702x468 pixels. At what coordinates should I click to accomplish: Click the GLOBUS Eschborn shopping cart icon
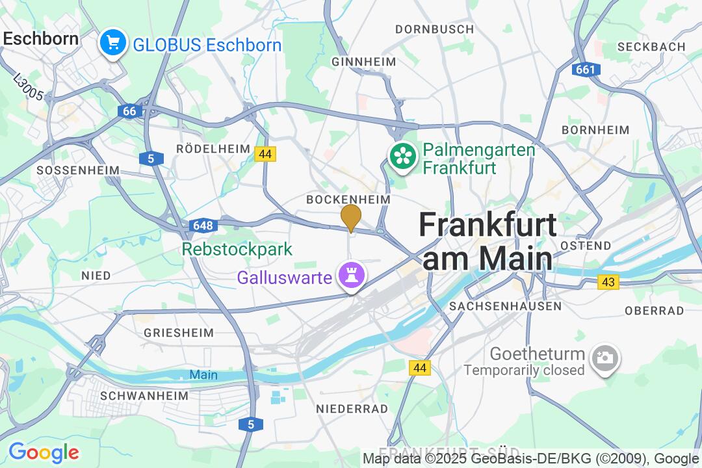[113, 44]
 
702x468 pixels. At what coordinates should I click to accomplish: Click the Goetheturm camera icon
[605, 358]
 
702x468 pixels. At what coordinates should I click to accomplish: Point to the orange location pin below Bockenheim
[351, 217]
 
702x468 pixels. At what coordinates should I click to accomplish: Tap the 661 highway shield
[586, 70]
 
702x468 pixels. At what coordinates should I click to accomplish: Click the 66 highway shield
[130, 111]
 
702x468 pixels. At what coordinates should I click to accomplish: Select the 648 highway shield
[203, 226]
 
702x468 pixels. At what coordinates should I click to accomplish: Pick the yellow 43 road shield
[608, 282]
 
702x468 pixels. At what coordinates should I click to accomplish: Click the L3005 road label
[28, 86]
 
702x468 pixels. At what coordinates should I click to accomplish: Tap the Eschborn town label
[40, 38]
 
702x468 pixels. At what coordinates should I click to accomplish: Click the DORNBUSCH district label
[435, 29]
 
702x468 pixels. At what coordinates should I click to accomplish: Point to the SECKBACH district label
[651, 47]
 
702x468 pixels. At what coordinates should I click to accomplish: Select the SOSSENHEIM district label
[78, 170]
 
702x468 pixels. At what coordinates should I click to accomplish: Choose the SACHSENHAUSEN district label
[505, 305]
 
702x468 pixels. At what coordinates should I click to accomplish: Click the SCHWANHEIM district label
[144, 395]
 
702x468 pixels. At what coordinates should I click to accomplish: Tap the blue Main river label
[203, 375]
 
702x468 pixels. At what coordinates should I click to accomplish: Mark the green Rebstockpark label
[237, 249]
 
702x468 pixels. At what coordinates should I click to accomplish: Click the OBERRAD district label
[655, 311]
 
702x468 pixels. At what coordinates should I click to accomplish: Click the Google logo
[44, 452]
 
